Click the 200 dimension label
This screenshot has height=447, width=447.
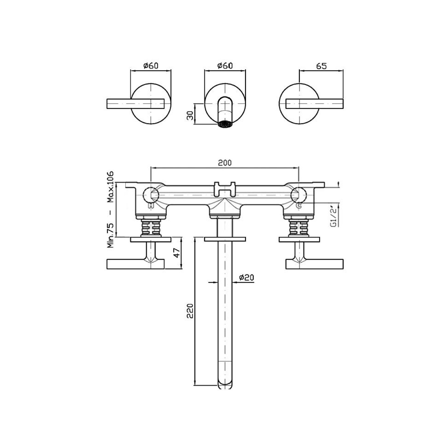[225, 163]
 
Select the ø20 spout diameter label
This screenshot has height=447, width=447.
[246, 278]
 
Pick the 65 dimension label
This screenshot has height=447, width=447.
[321, 66]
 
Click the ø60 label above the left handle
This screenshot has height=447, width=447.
[151, 66]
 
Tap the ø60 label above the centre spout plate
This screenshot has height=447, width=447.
[225, 66]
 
